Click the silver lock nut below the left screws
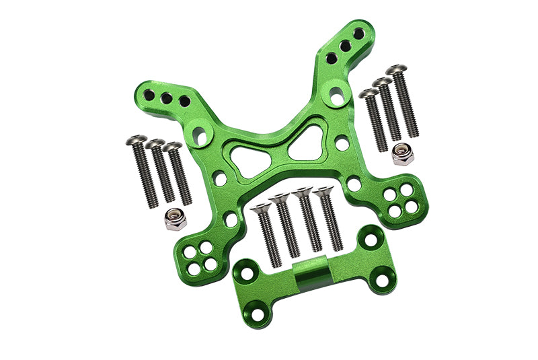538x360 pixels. click(x=176, y=220)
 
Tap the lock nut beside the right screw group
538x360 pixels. click(x=403, y=154)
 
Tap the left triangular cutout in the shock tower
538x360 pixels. click(x=248, y=157)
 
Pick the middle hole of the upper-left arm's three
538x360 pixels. click(x=166, y=98)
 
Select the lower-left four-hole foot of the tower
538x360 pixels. click(x=200, y=258)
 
